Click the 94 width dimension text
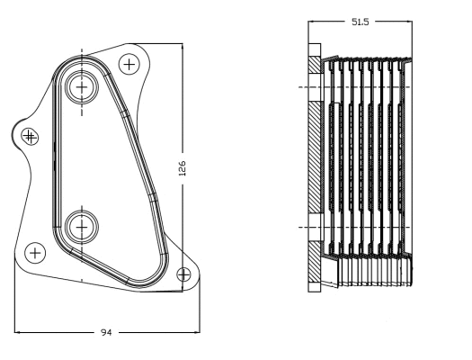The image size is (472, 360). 106,333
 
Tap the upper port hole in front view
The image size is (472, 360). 83,87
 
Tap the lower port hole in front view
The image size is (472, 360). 83,226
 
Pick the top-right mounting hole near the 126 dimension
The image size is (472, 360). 130,64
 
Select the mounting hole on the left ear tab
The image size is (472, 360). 30,136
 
